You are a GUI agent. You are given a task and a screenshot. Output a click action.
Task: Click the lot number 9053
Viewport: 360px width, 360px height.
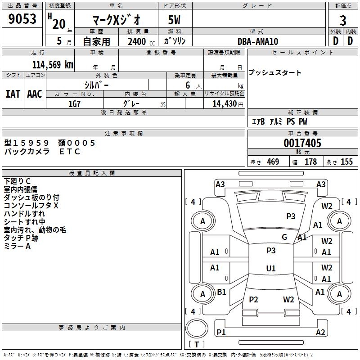pyautogui.click(x=22, y=20)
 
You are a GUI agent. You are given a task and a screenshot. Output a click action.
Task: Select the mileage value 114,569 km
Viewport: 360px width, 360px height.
pyautogui.click(x=53, y=64)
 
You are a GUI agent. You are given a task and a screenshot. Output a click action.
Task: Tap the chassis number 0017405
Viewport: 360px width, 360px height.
pyautogui.click(x=302, y=144)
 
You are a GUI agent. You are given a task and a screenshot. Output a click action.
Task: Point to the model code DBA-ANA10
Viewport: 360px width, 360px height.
pyautogui.click(x=258, y=41)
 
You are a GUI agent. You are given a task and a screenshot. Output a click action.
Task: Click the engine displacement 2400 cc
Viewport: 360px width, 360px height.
pyautogui.click(x=137, y=41)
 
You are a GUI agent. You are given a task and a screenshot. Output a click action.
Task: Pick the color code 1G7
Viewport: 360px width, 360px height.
pyautogui.click(x=74, y=103)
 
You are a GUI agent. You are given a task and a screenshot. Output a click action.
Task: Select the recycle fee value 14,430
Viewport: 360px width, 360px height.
pyautogui.click(x=221, y=104)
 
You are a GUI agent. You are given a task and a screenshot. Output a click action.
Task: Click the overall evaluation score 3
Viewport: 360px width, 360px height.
pyautogui.click(x=343, y=21)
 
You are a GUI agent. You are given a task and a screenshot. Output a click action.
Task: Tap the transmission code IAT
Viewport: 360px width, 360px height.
pyautogui.click(x=13, y=94)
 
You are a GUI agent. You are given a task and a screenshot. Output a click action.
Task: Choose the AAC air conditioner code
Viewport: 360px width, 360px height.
pyautogui.click(x=35, y=94)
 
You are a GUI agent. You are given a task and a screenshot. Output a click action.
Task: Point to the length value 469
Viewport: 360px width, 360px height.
pyautogui.click(x=273, y=162)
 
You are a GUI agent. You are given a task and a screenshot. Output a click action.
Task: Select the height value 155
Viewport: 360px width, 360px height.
pyautogui.click(x=346, y=162)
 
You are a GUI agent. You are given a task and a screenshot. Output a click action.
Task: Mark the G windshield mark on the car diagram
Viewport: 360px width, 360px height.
pyautogui.click(x=284, y=237)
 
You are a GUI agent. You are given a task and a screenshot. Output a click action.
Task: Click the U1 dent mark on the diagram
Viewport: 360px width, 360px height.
pyautogui.click(x=270, y=269)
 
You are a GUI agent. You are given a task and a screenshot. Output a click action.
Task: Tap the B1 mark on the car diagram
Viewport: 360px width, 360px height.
pyautogui.click(x=221, y=292)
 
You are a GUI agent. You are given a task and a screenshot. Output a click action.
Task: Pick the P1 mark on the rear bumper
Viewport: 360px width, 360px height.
pyautogui.click(x=221, y=333)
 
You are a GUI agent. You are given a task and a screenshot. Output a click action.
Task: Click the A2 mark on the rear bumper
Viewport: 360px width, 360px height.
pyautogui.click(x=320, y=333)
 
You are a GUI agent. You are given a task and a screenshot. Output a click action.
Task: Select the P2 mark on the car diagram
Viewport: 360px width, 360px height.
pyautogui.click(x=253, y=300)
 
